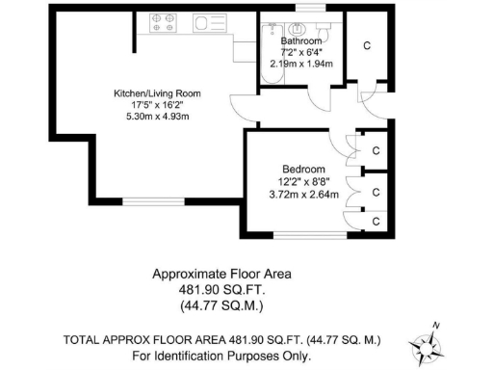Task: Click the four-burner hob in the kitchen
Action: pos(160,22)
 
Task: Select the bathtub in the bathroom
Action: pos(265,53)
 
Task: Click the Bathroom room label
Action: pos(300,42)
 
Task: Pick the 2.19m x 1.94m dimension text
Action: pos(300,65)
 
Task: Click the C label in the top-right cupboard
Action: pos(367,45)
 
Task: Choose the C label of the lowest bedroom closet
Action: pos(376,221)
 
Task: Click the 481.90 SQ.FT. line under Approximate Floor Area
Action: pos(221,290)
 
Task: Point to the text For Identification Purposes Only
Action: pos(221,356)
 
